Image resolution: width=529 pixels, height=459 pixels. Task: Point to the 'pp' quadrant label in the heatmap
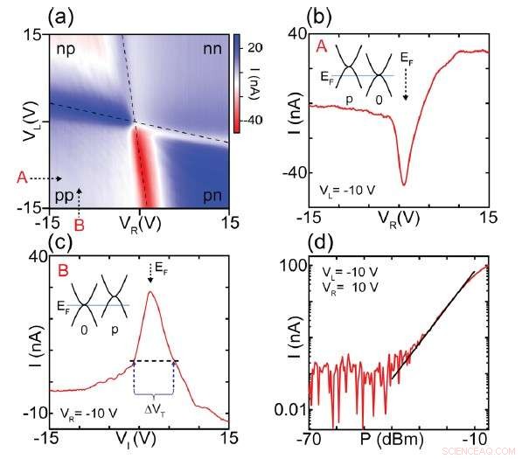(x=64, y=191)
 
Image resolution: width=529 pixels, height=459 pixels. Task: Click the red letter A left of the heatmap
(x=20, y=178)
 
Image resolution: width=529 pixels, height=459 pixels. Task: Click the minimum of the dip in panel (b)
(x=403, y=184)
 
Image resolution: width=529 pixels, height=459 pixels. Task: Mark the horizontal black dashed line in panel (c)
(x=154, y=361)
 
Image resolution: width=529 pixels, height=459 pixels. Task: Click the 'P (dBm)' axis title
(x=395, y=438)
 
